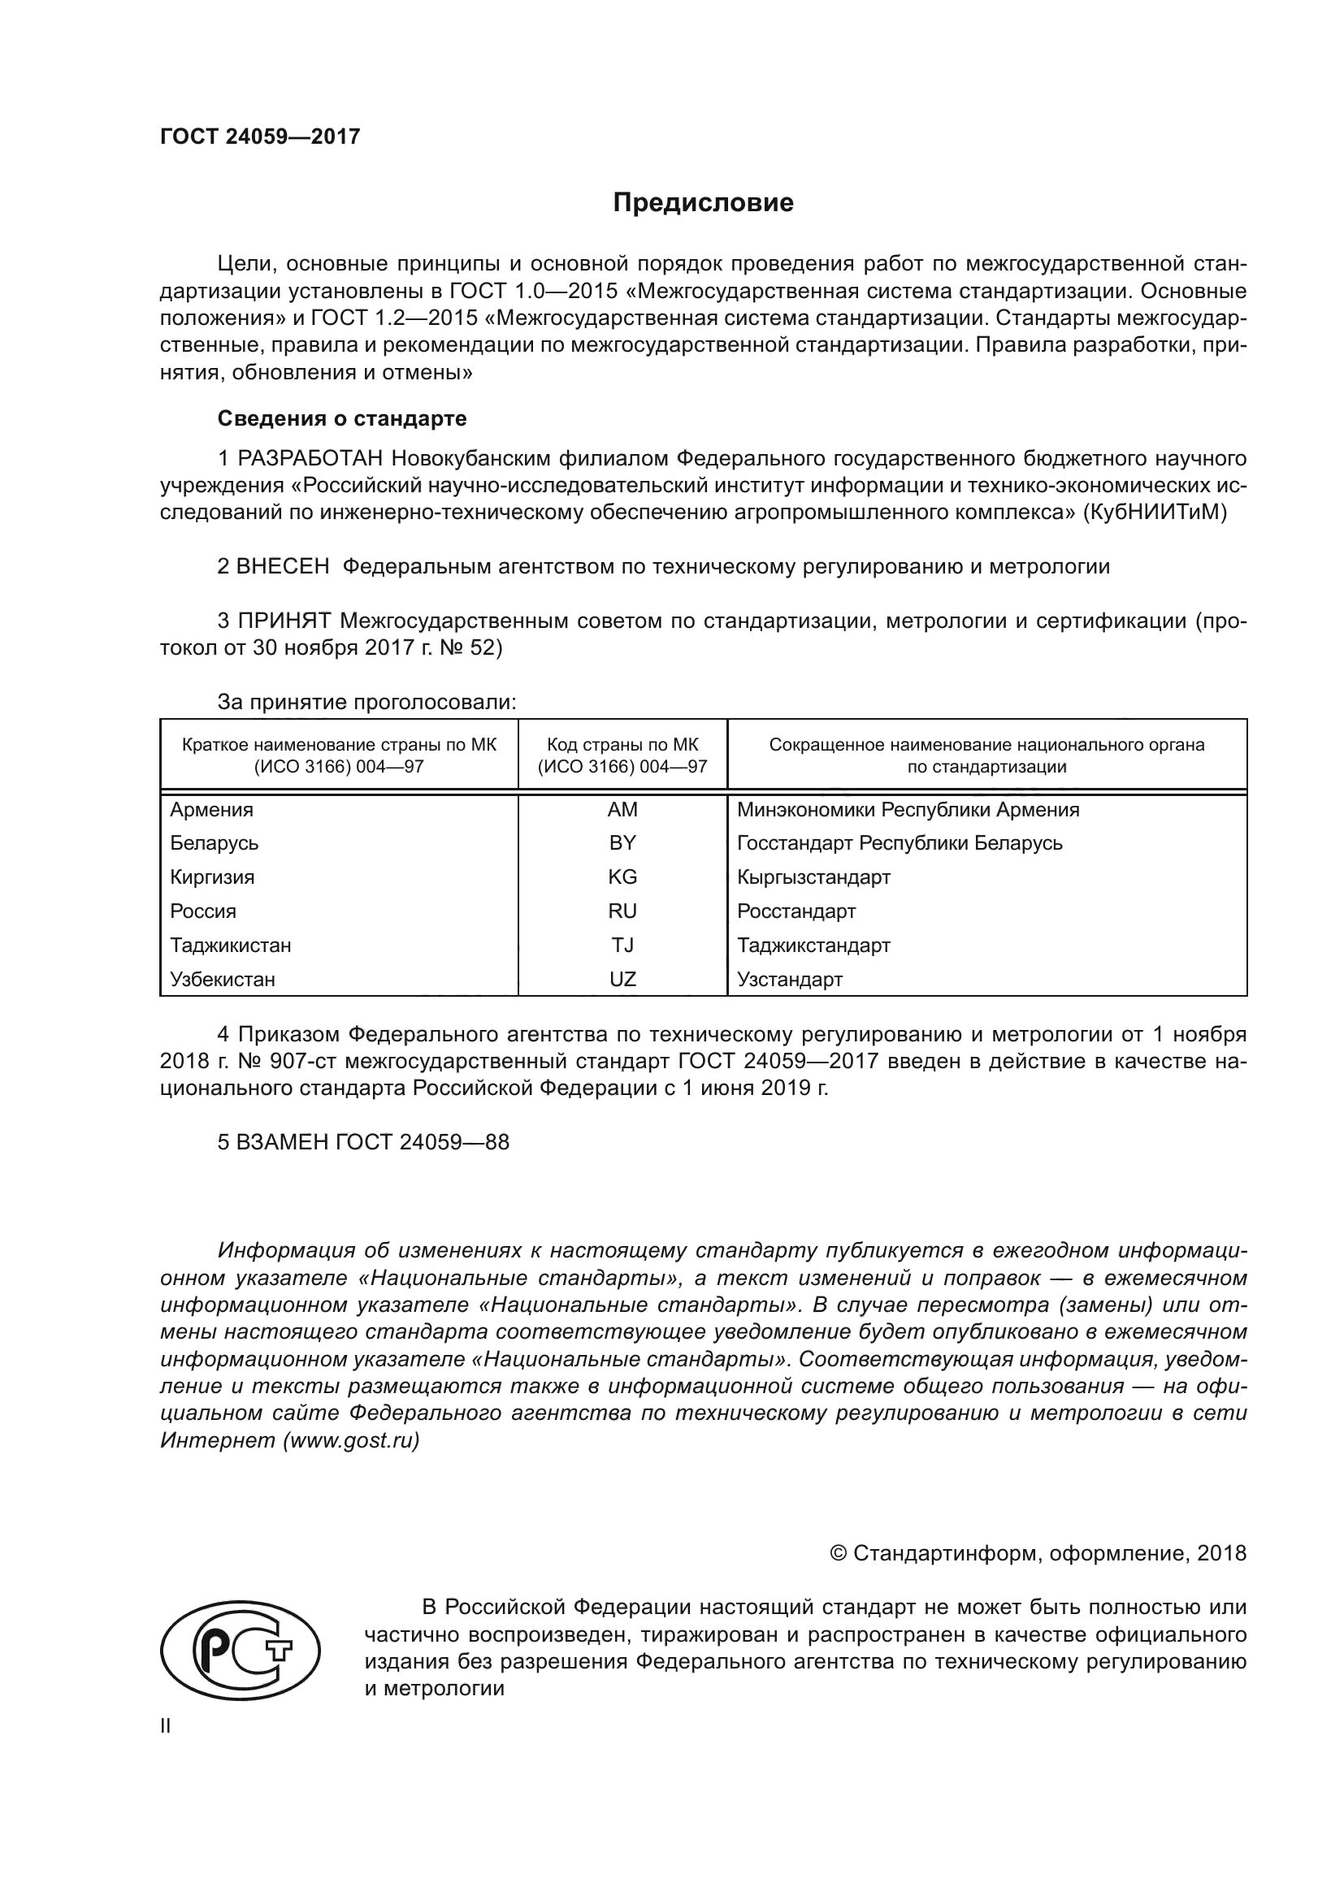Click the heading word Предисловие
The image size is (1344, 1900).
coord(703,203)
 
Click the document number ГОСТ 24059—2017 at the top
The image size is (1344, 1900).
coord(260,136)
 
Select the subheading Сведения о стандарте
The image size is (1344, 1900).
coord(342,418)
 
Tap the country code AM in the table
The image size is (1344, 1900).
coord(622,809)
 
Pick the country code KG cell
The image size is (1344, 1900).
coord(622,877)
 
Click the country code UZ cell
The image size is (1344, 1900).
coord(622,980)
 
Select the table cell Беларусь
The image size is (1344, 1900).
coord(215,843)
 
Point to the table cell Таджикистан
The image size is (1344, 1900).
coord(230,945)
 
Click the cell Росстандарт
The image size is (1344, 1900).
coord(796,911)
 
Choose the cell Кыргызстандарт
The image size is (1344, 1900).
coord(813,877)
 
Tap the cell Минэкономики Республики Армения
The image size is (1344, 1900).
coord(908,809)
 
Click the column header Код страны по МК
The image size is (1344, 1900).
coord(622,745)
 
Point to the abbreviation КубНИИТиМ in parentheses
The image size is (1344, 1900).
coord(1155,513)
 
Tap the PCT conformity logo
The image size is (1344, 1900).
coord(240,1652)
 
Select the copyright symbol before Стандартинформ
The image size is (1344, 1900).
coord(838,1553)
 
